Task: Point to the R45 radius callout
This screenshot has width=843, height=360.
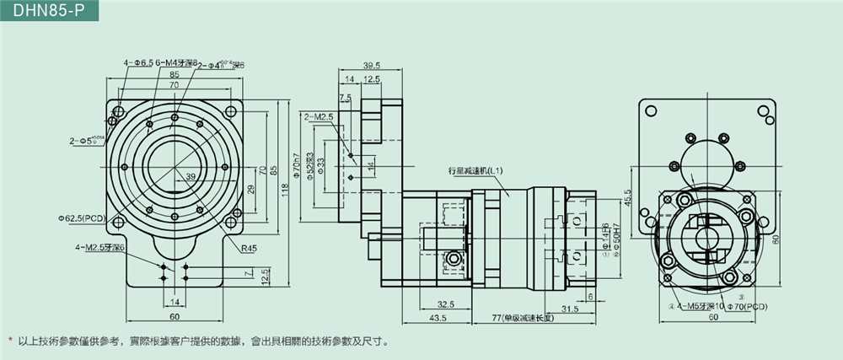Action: pos(248,250)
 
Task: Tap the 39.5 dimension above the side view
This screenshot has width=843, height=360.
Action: pos(372,65)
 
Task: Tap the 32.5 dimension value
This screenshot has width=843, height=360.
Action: pos(447,304)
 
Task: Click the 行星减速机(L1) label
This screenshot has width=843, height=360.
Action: pos(476,170)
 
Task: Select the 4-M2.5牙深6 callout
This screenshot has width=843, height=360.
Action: pos(99,247)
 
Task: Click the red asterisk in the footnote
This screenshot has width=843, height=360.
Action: pos(10,341)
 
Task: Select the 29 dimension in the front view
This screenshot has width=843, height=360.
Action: pos(250,189)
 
